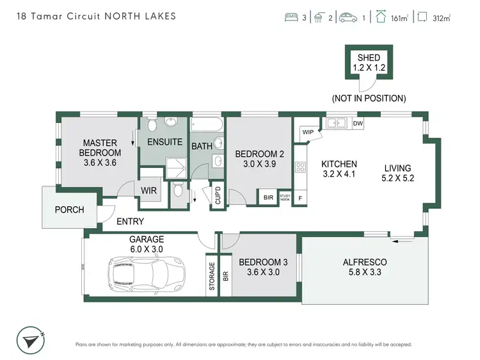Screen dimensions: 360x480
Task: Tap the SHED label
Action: point(369,58)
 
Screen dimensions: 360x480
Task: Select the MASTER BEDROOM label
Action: point(100,148)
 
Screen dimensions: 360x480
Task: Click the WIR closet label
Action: point(149,190)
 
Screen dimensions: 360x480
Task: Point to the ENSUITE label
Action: point(165,142)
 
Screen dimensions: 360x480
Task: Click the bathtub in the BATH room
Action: point(207,125)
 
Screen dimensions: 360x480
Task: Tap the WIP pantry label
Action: point(308,132)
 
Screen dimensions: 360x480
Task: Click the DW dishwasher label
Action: point(358,124)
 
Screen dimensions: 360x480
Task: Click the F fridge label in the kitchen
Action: point(300,198)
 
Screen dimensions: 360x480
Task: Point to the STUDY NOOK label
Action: point(285,197)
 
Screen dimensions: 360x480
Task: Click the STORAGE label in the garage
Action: point(212,275)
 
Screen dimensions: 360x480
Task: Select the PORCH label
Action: point(69,209)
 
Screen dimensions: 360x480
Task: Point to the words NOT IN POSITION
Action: point(369,99)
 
